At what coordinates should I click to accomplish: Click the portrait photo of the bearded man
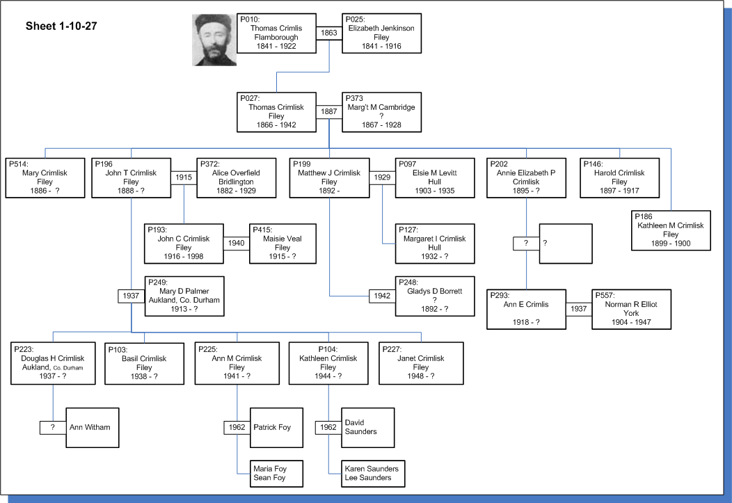pyautogui.click(x=214, y=40)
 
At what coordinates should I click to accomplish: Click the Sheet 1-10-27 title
pyautogui.click(x=61, y=26)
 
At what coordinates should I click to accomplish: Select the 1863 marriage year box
pyautogui.click(x=329, y=33)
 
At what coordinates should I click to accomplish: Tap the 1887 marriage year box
pyautogui.click(x=329, y=111)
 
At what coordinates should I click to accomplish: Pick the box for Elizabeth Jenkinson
pyautogui.click(x=381, y=33)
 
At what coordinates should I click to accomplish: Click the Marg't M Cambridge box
pyautogui.click(x=381, y=112)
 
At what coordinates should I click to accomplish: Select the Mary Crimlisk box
pyautogui.click(x=45, y=178)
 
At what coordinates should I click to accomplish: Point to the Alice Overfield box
pyautogui.click(x=236, y=178)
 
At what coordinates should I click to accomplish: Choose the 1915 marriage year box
pyautogui.click(x=184, y=177)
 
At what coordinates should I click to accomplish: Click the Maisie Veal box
pyautogui.click(x=283, y=243)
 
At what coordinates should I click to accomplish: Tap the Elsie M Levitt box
pyautogui.click(x=435, y=178)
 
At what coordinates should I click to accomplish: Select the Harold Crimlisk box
pyautogui.click(x=619, y=178)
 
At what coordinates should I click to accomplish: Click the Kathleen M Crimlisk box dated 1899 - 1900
pyautogui.click(x=671, y=230)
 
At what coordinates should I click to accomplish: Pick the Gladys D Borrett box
pyautogui.click(x=435, y=296)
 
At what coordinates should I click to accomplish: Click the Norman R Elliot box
pyautogui.click(x=631, y=310)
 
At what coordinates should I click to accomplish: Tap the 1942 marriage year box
pyautogui.click(x=382, y=296)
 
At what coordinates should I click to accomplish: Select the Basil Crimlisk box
pyautogui.click(x=144, y=363)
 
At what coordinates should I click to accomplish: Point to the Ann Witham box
pyautogui.click(x=93, y=428)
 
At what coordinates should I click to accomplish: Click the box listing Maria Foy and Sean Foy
pyautogui.click(x=276, y=474)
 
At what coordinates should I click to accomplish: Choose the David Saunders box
pyautogui.click(x=368, y=428)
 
